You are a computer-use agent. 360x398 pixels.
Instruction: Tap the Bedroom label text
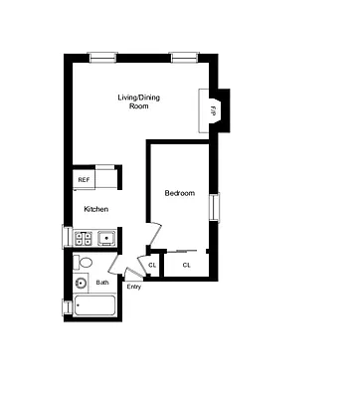tap(179, 193)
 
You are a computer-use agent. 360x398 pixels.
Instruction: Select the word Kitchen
tap(96, 209)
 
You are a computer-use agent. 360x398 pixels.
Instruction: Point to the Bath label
tap(102, 283)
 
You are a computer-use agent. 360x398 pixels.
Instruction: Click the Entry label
tap(134, 288)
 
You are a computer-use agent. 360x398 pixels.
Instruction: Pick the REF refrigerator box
tap(85, 180)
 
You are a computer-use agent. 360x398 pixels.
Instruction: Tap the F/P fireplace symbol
tap(213, 109)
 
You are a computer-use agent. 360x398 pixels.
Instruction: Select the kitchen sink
tap(105, 238)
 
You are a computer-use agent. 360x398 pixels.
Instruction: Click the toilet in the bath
tap(86, 262)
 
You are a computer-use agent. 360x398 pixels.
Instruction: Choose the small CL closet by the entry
tap(152, 265)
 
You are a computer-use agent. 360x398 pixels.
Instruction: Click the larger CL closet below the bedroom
tap(186, 265)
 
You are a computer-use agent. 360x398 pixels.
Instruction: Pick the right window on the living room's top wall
tap(184, 57)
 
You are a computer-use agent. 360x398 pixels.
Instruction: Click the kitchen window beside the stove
tap(67, 238)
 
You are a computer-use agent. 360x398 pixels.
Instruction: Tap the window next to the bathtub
tap(67, 307)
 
